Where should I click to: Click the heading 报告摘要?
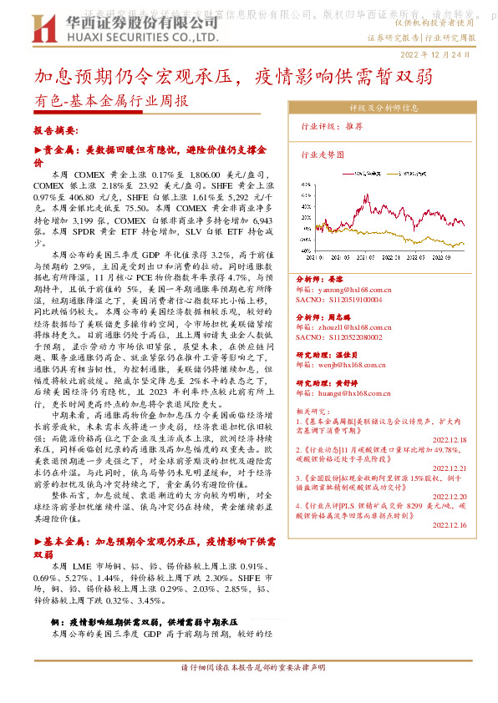[56, 131]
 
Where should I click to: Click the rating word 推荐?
[353, 126]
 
